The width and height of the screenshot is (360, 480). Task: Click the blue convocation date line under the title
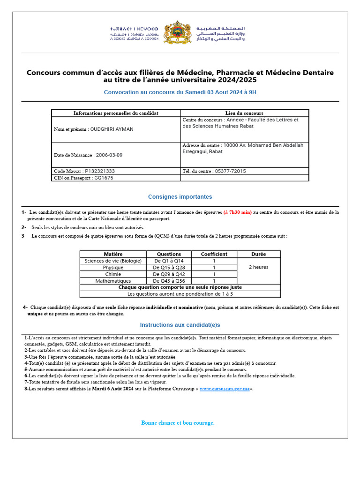[180, 92]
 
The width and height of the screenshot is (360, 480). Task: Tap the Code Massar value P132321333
[100, 171]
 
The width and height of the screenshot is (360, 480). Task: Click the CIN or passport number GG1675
[104, 178]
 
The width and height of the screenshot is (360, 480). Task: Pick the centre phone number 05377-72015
[230, 171]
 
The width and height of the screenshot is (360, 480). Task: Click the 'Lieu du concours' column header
[244, 113]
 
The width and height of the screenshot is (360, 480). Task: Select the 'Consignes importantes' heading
[180, 197]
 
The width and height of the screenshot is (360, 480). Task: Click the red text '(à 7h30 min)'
[237, 212]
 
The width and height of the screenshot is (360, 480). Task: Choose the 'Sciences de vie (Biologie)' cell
[113, 261]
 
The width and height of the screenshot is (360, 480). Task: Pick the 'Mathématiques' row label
[113, 281]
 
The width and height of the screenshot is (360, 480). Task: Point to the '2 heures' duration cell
[258, 267]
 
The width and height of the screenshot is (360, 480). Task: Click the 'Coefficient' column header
[214, 254]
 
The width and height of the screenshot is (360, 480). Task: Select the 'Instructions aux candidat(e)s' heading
[180, 325]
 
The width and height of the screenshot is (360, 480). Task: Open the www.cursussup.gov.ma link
[225, 389]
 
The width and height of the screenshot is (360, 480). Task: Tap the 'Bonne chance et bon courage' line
[178, 423]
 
